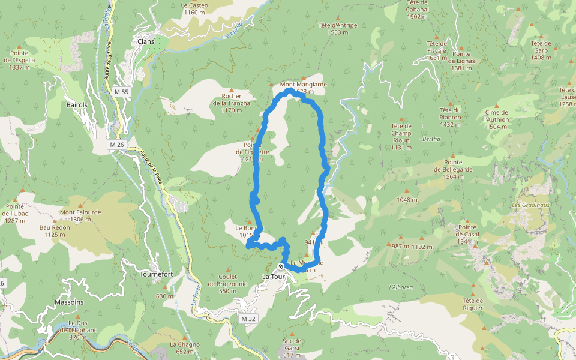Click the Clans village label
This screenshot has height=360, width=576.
[145, 41]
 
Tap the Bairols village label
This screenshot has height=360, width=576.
[76, 105]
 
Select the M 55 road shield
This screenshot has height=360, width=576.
[121, 92]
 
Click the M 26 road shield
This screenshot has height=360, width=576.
[117, 145]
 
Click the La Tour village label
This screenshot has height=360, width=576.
[274, 277]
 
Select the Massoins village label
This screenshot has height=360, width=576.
[69, 302]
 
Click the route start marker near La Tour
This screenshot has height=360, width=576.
[281, 266]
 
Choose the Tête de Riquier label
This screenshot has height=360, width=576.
[472, 304]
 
